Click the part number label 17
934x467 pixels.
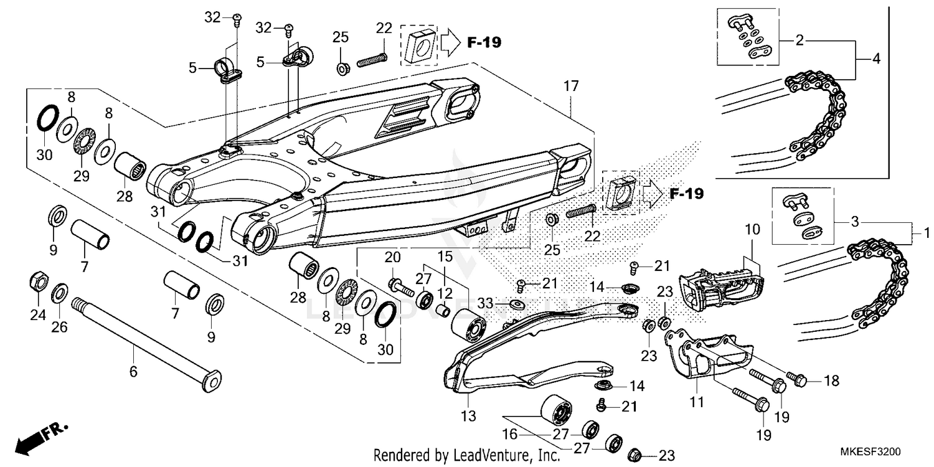(571, 87)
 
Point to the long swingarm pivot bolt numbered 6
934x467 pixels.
(146, 344)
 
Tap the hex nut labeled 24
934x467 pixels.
(39, 282)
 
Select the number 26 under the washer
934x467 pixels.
(59, 327)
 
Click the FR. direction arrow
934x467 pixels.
(40, 439)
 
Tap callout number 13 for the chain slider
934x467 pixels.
(468, 416)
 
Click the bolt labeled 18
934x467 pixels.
(797, 379)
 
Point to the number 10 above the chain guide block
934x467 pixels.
(753, 229)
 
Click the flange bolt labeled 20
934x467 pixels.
(401, 286)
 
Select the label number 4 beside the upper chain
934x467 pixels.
(877, 59)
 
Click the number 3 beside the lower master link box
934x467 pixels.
(855, 222)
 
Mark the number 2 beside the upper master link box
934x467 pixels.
(800, 40)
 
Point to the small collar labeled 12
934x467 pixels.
(443, 311)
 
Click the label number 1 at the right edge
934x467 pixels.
(927, 233)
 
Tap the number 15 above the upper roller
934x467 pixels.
(445, 257)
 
